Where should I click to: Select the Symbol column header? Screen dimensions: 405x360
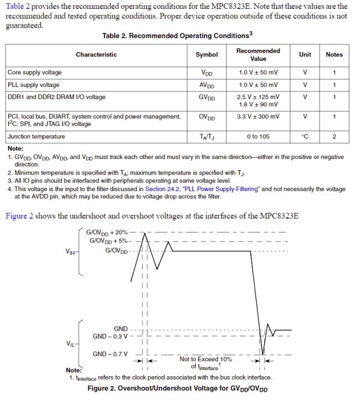(x=207, y=54)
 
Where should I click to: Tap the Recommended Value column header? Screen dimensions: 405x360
(x=258, y=54)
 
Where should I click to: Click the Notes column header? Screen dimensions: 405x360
(x=334, y=54)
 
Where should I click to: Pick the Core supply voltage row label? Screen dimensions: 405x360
(x=35, y=73)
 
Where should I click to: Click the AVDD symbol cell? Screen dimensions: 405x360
(x=207, y=85)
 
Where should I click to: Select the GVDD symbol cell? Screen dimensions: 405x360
(x=207, y=98)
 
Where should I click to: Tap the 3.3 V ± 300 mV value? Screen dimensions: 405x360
(x=258, y=117)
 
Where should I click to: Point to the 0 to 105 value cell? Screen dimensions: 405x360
(x=258, y=136)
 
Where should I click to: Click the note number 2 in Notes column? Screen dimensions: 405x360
(x=334, y=136)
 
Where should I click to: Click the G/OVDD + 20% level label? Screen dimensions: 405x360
(x=107, y=232)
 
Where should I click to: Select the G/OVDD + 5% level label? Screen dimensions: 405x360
(x=109, y=241)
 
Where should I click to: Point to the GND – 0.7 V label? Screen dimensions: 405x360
(x=110, y=354)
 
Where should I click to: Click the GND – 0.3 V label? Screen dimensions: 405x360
(x=110, y=336)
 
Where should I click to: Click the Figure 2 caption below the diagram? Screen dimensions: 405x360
(x=177, y=388)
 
